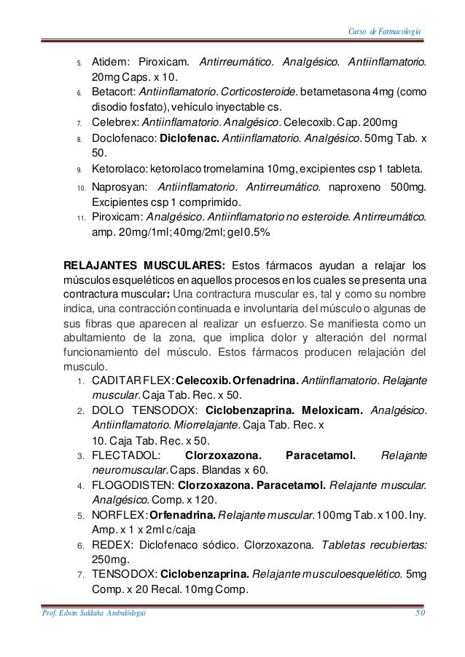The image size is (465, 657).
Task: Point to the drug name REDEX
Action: pyautogui.click(x=110, y=545)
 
